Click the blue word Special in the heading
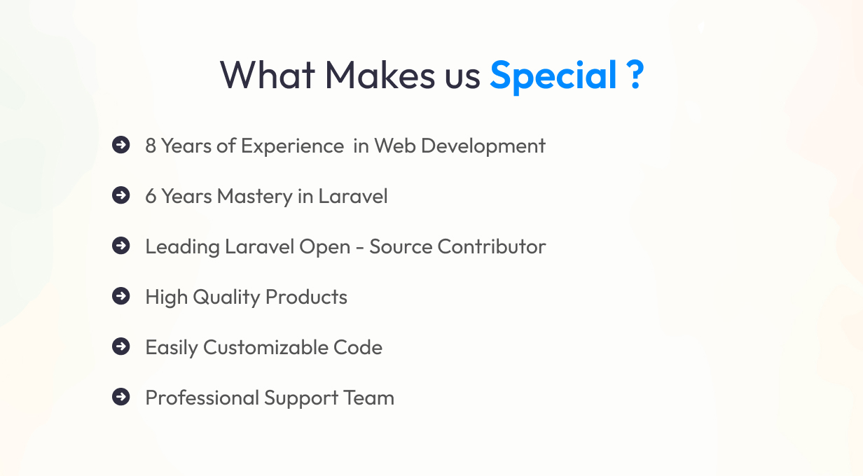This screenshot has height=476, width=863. (553, 76)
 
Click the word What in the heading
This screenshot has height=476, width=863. (268, 75)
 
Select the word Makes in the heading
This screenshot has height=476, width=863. (380, 75)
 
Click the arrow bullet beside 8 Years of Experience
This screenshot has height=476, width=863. (121, 145)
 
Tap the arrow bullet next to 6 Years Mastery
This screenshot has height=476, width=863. (121, 195)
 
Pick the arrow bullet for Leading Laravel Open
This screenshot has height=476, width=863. (121, 246)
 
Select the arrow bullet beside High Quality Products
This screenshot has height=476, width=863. (121, 296)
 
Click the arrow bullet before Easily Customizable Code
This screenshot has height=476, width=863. (121, 346)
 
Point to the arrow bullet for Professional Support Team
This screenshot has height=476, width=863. (121, 397)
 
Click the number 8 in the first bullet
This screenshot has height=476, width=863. (151, 146)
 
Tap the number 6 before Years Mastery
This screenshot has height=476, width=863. (151, 197)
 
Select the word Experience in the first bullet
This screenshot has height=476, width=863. (292, 147)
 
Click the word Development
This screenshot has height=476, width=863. (483, 147)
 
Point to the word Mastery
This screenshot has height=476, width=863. (255, 197)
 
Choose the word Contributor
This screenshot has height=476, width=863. (492, 247)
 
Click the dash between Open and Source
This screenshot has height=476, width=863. (360, 248)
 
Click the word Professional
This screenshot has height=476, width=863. (202, 398)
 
